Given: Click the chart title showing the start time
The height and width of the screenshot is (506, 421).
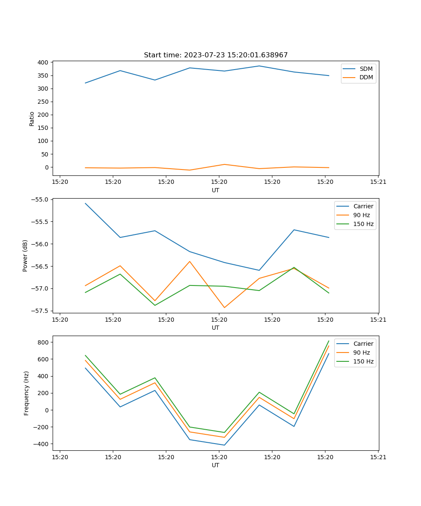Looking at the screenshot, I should coord(216,55).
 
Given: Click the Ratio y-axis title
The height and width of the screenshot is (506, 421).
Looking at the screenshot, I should coord(32,118).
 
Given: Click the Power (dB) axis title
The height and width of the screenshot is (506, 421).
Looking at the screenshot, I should coord(25,256).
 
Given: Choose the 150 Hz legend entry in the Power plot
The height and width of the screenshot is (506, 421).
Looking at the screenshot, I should coord(363,224).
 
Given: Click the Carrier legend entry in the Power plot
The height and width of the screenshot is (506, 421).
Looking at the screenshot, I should coord(363,206).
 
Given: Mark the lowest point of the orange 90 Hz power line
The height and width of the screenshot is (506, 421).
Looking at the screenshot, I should coord(224,307).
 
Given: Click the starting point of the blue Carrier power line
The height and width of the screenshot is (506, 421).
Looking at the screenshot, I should coord(85,203).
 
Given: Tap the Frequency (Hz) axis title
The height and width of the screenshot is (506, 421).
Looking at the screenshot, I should coord(27,393).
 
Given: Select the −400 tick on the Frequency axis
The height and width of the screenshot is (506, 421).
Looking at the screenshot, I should coord(41,444).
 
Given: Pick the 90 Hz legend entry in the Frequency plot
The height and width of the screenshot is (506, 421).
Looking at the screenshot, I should coord(363,353).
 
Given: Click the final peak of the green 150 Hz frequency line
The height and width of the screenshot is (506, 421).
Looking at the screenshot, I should coord(329,341).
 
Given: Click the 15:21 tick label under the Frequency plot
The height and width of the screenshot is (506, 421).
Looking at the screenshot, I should coord(378,457).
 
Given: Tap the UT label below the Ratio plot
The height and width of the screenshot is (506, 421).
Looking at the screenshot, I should coord(216,190).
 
